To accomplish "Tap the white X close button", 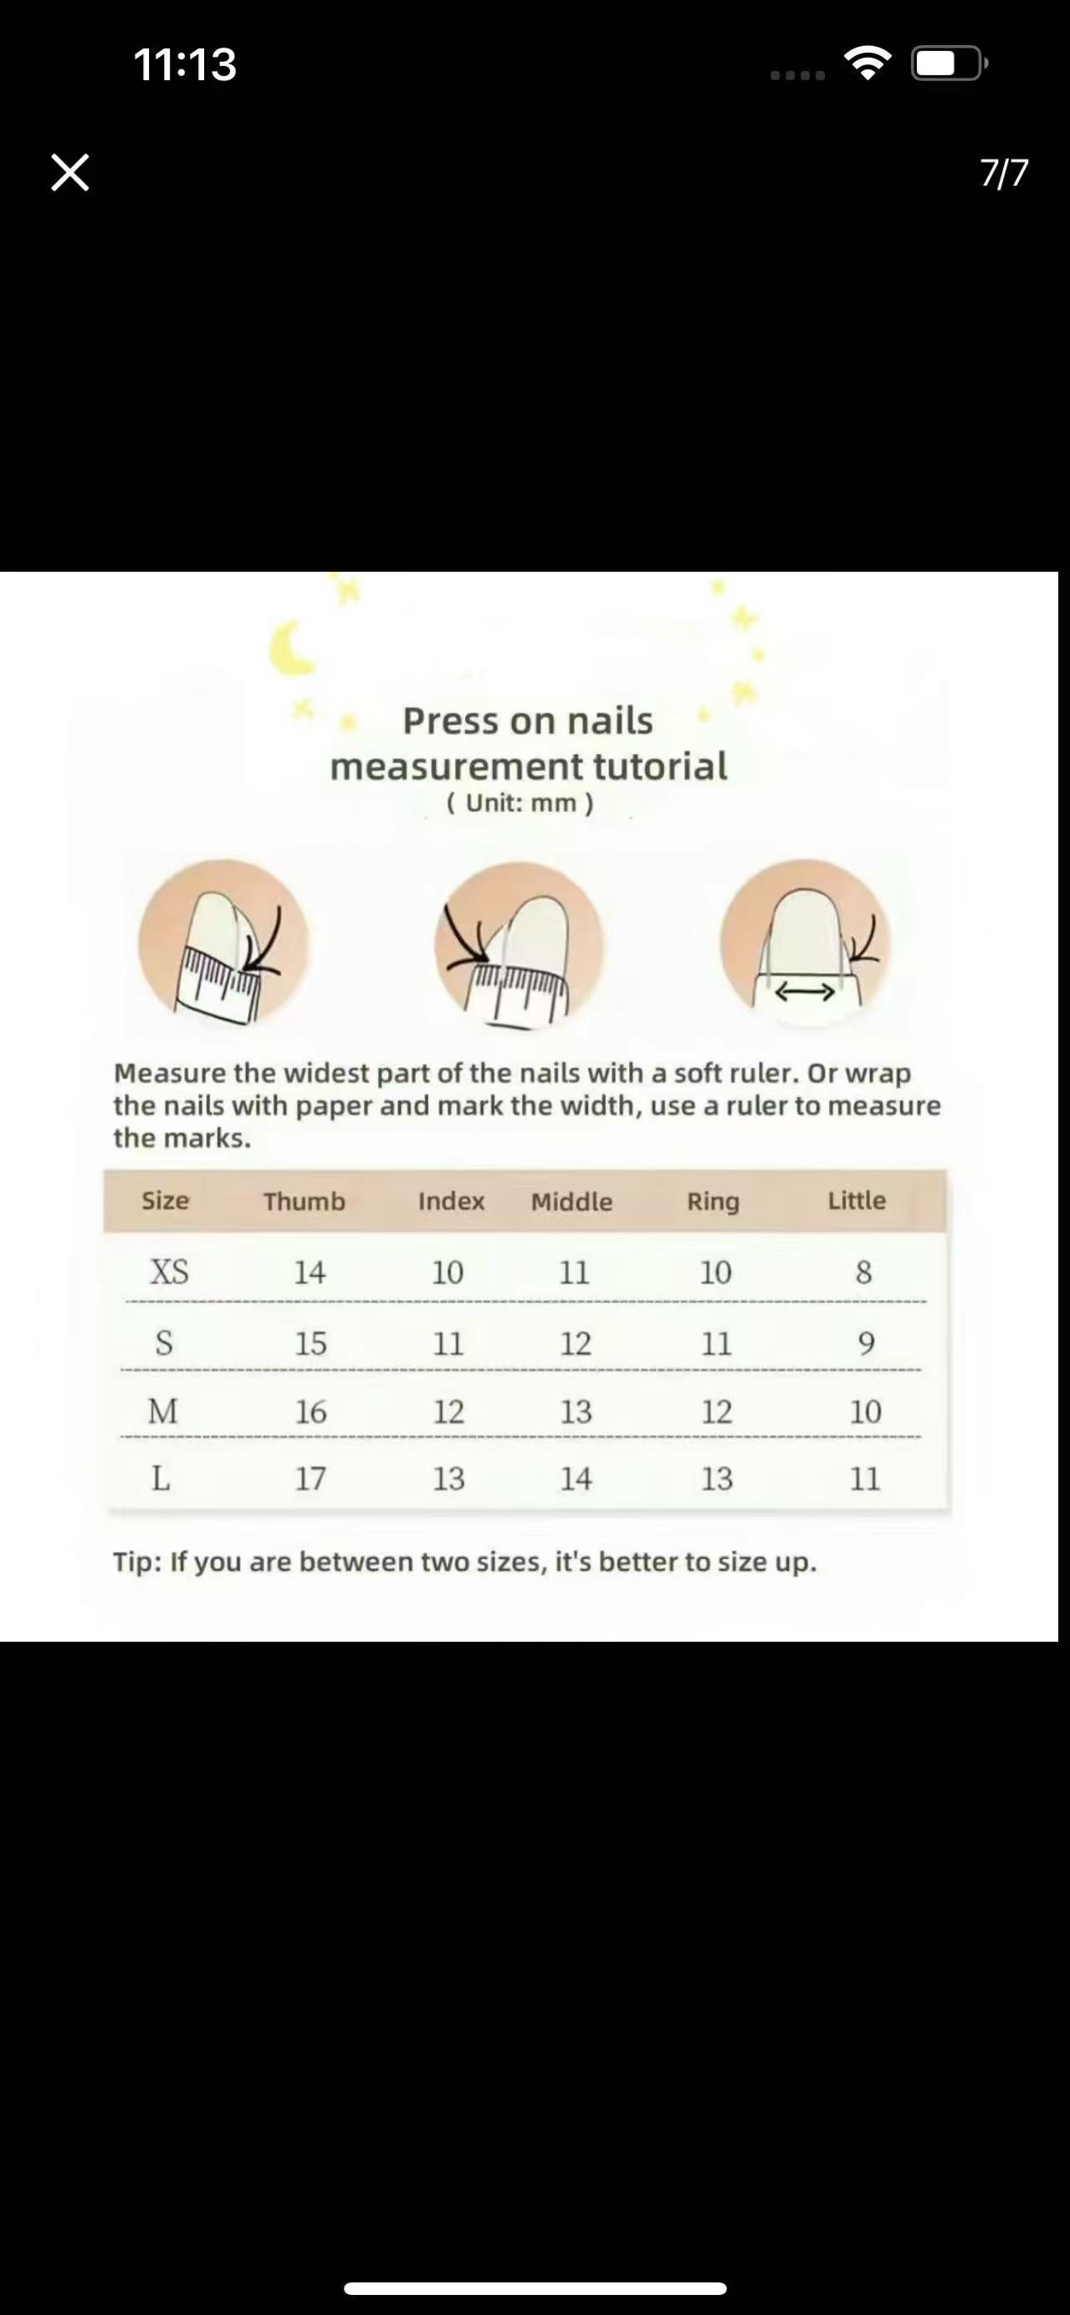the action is pyautogui.click(x=70, y=172).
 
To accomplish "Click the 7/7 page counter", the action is pyautogui.click(x=1005, y=172).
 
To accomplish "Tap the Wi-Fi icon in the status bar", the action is pyautogui.click(x=868, y=63).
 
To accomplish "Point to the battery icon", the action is pyautogui.click(x=950, y=63).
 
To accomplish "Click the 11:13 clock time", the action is pyautogui.click(x=185, y=64).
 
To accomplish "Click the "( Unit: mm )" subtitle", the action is pyautogui.click(x=520, y=803).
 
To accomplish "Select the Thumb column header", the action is pyautogui.click(x=304, y=1201).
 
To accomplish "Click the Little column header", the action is pyautogui.click(x=857, y=1201).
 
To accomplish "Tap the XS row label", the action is pyautogui.click(x=169, y=1272).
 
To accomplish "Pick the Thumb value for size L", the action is pyautogui.click(x=310, y=1478).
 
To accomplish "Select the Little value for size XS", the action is pyautogui.click(x=863, y=1272).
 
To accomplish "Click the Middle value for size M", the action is pyautogui.click(x=576, y=1412).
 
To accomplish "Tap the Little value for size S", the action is pyautogui.click(x=866, y=1344).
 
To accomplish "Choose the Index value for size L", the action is pyautogui.click(x=448, y=1478).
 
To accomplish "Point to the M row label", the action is pyautogui.click(x=163, y=1412).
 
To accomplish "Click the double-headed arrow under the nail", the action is pyautogui.click(x=805, y=992).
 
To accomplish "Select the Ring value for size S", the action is pyautogui.click(x=717, y=1344).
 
